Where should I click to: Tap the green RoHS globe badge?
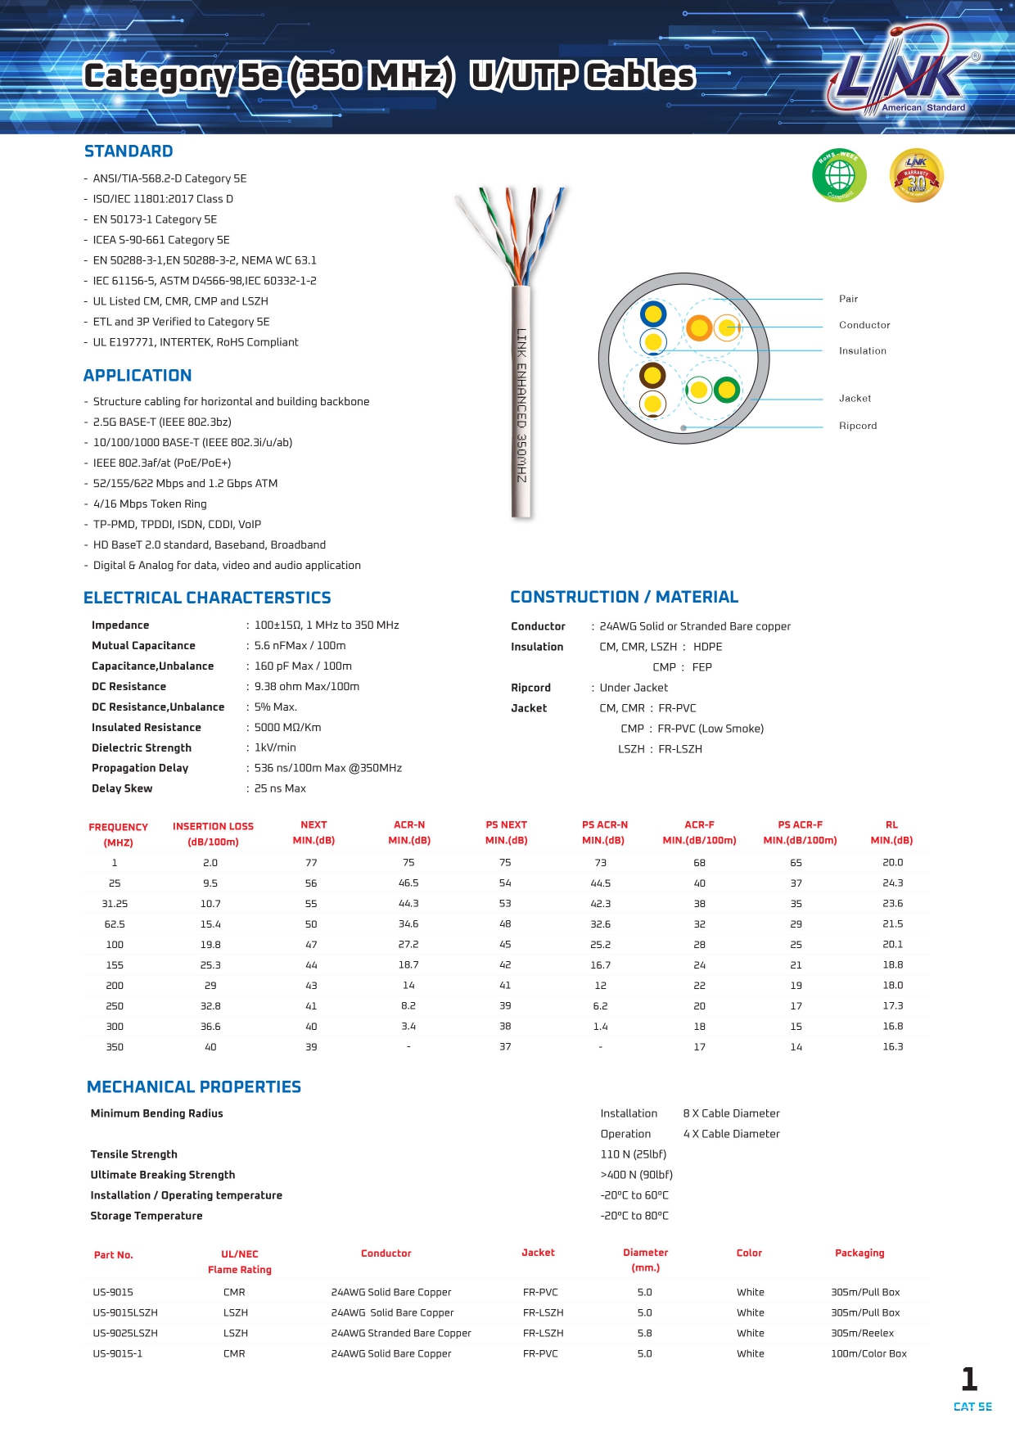coord(839,175)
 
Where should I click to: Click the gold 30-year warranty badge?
coord(916,175)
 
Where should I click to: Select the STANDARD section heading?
coord(129,151)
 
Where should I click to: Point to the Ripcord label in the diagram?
coord(857,426)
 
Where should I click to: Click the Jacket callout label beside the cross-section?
coord(855,399)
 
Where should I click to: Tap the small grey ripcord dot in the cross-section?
coord(683,428)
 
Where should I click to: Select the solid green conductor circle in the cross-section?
coord(727,390)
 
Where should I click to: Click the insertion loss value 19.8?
coord(210,945)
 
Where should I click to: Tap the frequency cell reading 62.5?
coord(115,924)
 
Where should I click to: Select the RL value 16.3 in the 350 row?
coord(892,1047)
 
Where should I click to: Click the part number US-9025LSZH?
coord(125,1334)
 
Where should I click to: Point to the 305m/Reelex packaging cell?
coord(862,1334)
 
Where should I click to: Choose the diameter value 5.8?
coord(645,1334)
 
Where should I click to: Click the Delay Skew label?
coord(122,788)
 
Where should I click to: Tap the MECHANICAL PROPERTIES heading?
coord(194,1087)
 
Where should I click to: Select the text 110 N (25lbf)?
coord(633,1154)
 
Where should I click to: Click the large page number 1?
coord(969,1380)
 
